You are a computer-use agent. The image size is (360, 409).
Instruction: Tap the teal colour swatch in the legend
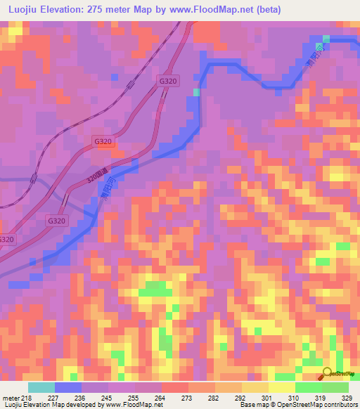pyautogui.click(x=41, y=387)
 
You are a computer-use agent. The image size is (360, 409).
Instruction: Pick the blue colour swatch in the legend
pyautogui.click(x=68, y=387)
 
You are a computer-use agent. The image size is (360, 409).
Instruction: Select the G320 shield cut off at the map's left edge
pyautogui.click(x=6, y=240)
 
